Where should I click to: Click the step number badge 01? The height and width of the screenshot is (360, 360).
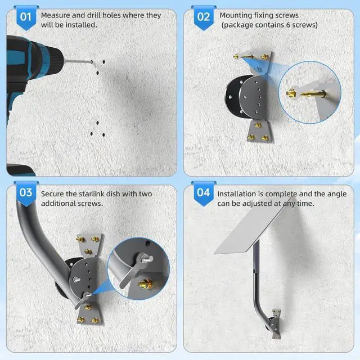pos(26,17)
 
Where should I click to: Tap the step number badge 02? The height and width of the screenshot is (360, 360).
pos(204,17)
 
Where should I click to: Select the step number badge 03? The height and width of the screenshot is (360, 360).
pos(26,193)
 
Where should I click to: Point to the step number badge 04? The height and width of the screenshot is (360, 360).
pos(204,193)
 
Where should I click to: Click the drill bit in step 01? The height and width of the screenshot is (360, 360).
pos(78,61)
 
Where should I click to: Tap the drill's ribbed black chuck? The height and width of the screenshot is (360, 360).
pos(55,60)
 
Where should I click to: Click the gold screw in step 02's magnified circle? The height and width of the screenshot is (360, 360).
pos(306,93)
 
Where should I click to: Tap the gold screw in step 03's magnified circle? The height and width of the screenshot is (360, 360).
pos(146,283)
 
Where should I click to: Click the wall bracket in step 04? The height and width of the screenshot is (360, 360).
pos(276,324)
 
